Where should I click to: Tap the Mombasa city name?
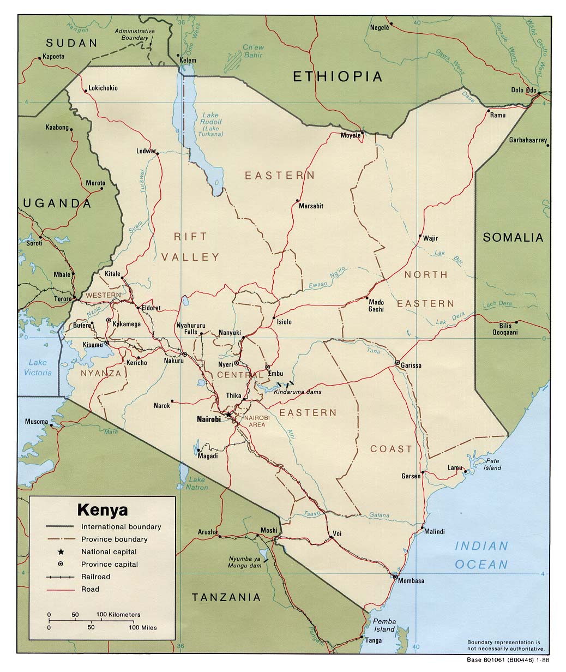tap(411, 580)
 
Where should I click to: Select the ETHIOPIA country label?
tap(338, 76)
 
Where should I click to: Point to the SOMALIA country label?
tap(513, 237)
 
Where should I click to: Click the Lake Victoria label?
tap(38, 367)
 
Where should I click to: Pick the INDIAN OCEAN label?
tap(481, 555)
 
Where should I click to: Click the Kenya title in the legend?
tap(103, 510)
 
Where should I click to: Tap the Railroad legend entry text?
tap(95, 577)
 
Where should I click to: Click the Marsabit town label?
tap(311, 206)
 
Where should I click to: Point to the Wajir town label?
tap(430, 238)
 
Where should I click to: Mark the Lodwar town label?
tap(146, 151)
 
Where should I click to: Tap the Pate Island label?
tap(492, 464)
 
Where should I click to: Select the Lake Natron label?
tap(197, 483)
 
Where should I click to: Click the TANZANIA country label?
tap(226, 597)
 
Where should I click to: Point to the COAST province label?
tap(391, 449)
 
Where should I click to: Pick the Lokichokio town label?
tap(103, 88)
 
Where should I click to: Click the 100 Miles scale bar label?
tap(143, 627)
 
